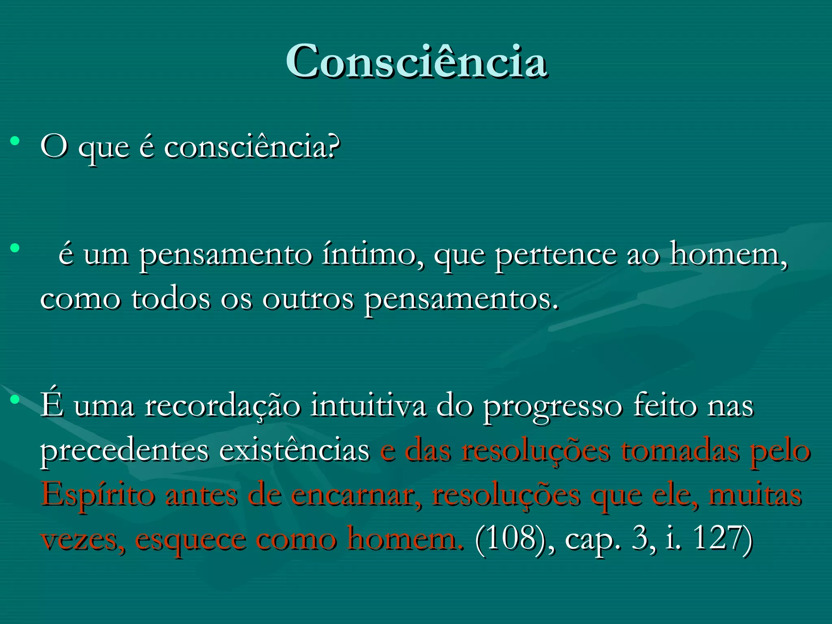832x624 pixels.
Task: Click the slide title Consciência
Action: [416, 61]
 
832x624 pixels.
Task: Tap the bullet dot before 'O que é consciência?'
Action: [15, 141]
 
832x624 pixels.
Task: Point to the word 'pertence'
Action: [555, 255]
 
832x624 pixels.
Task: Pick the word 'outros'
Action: [308, 300]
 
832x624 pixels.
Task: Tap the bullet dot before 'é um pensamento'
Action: [15, 248]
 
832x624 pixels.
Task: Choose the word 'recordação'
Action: [223, 406]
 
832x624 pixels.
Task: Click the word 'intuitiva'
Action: [368, 405]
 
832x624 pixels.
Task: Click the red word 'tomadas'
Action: [680, 451]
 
